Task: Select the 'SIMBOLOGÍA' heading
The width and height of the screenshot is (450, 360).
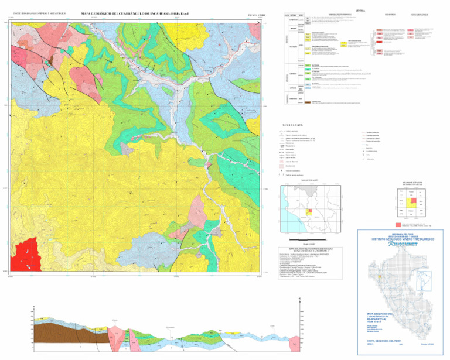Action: (x=292, y=124)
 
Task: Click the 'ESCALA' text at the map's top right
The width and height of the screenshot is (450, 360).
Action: (x=240, y=12)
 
